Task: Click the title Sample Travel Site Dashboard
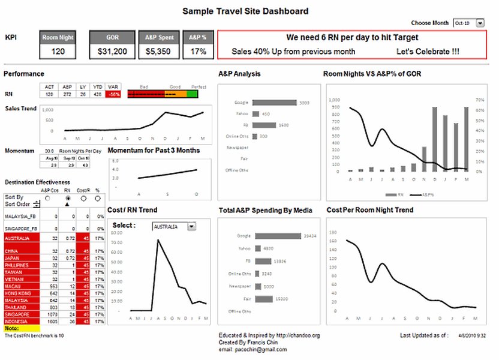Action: tap(245, 11)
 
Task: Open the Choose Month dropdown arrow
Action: tap(480, 23)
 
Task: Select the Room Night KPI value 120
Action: tap(58, 52)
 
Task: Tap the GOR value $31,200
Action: tap(112, 52)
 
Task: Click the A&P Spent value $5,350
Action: tap(159, 52)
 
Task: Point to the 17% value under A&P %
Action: tap(199, 52)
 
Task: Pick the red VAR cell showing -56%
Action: tap(112, 94)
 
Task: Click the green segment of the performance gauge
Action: tap(192, 94)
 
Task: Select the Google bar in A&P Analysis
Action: tap(275, 103)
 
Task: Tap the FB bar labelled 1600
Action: tap(264, 125)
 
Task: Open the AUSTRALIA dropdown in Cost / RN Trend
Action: tap(192, 227)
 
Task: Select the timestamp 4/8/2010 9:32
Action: tap(473, 335)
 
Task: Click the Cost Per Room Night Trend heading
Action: tap(369, 210)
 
